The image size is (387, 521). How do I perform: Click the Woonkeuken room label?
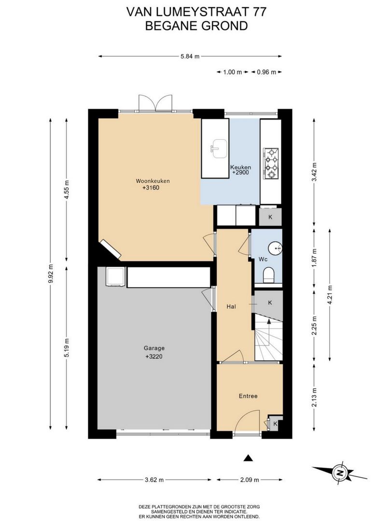(152, 181)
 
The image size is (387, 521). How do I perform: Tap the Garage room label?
(154, 348)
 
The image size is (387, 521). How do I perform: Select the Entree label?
(248, 396)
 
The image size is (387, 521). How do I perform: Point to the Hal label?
(231, 306)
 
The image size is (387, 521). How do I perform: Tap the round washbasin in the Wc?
(275, 248)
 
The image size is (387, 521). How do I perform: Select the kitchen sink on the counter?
(219, 149)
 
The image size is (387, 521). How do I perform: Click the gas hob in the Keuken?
(271, 163)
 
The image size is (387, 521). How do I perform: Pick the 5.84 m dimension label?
(190, 56)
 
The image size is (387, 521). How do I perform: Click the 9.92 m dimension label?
(51, 274)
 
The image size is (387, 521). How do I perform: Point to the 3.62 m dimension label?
(154, 480)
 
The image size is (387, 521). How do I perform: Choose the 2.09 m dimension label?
(249, 480)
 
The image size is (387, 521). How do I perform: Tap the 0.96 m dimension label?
(266, 72)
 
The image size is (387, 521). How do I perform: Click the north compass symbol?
(340, 472)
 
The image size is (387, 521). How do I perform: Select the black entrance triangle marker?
(248, 458)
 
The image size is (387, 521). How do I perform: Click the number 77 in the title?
(260, 12)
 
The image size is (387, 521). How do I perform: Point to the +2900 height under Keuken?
(240, 173)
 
